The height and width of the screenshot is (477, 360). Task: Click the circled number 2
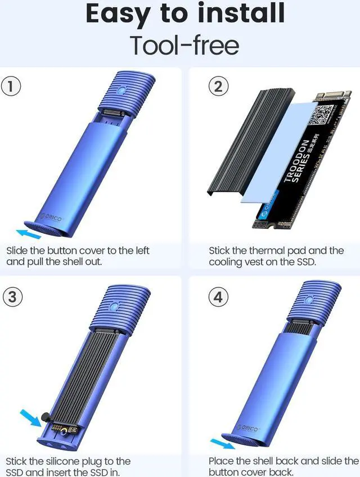[218, 87]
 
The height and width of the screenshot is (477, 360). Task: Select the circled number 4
[218, 296]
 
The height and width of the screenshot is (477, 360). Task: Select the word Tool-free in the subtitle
[184, 45]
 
